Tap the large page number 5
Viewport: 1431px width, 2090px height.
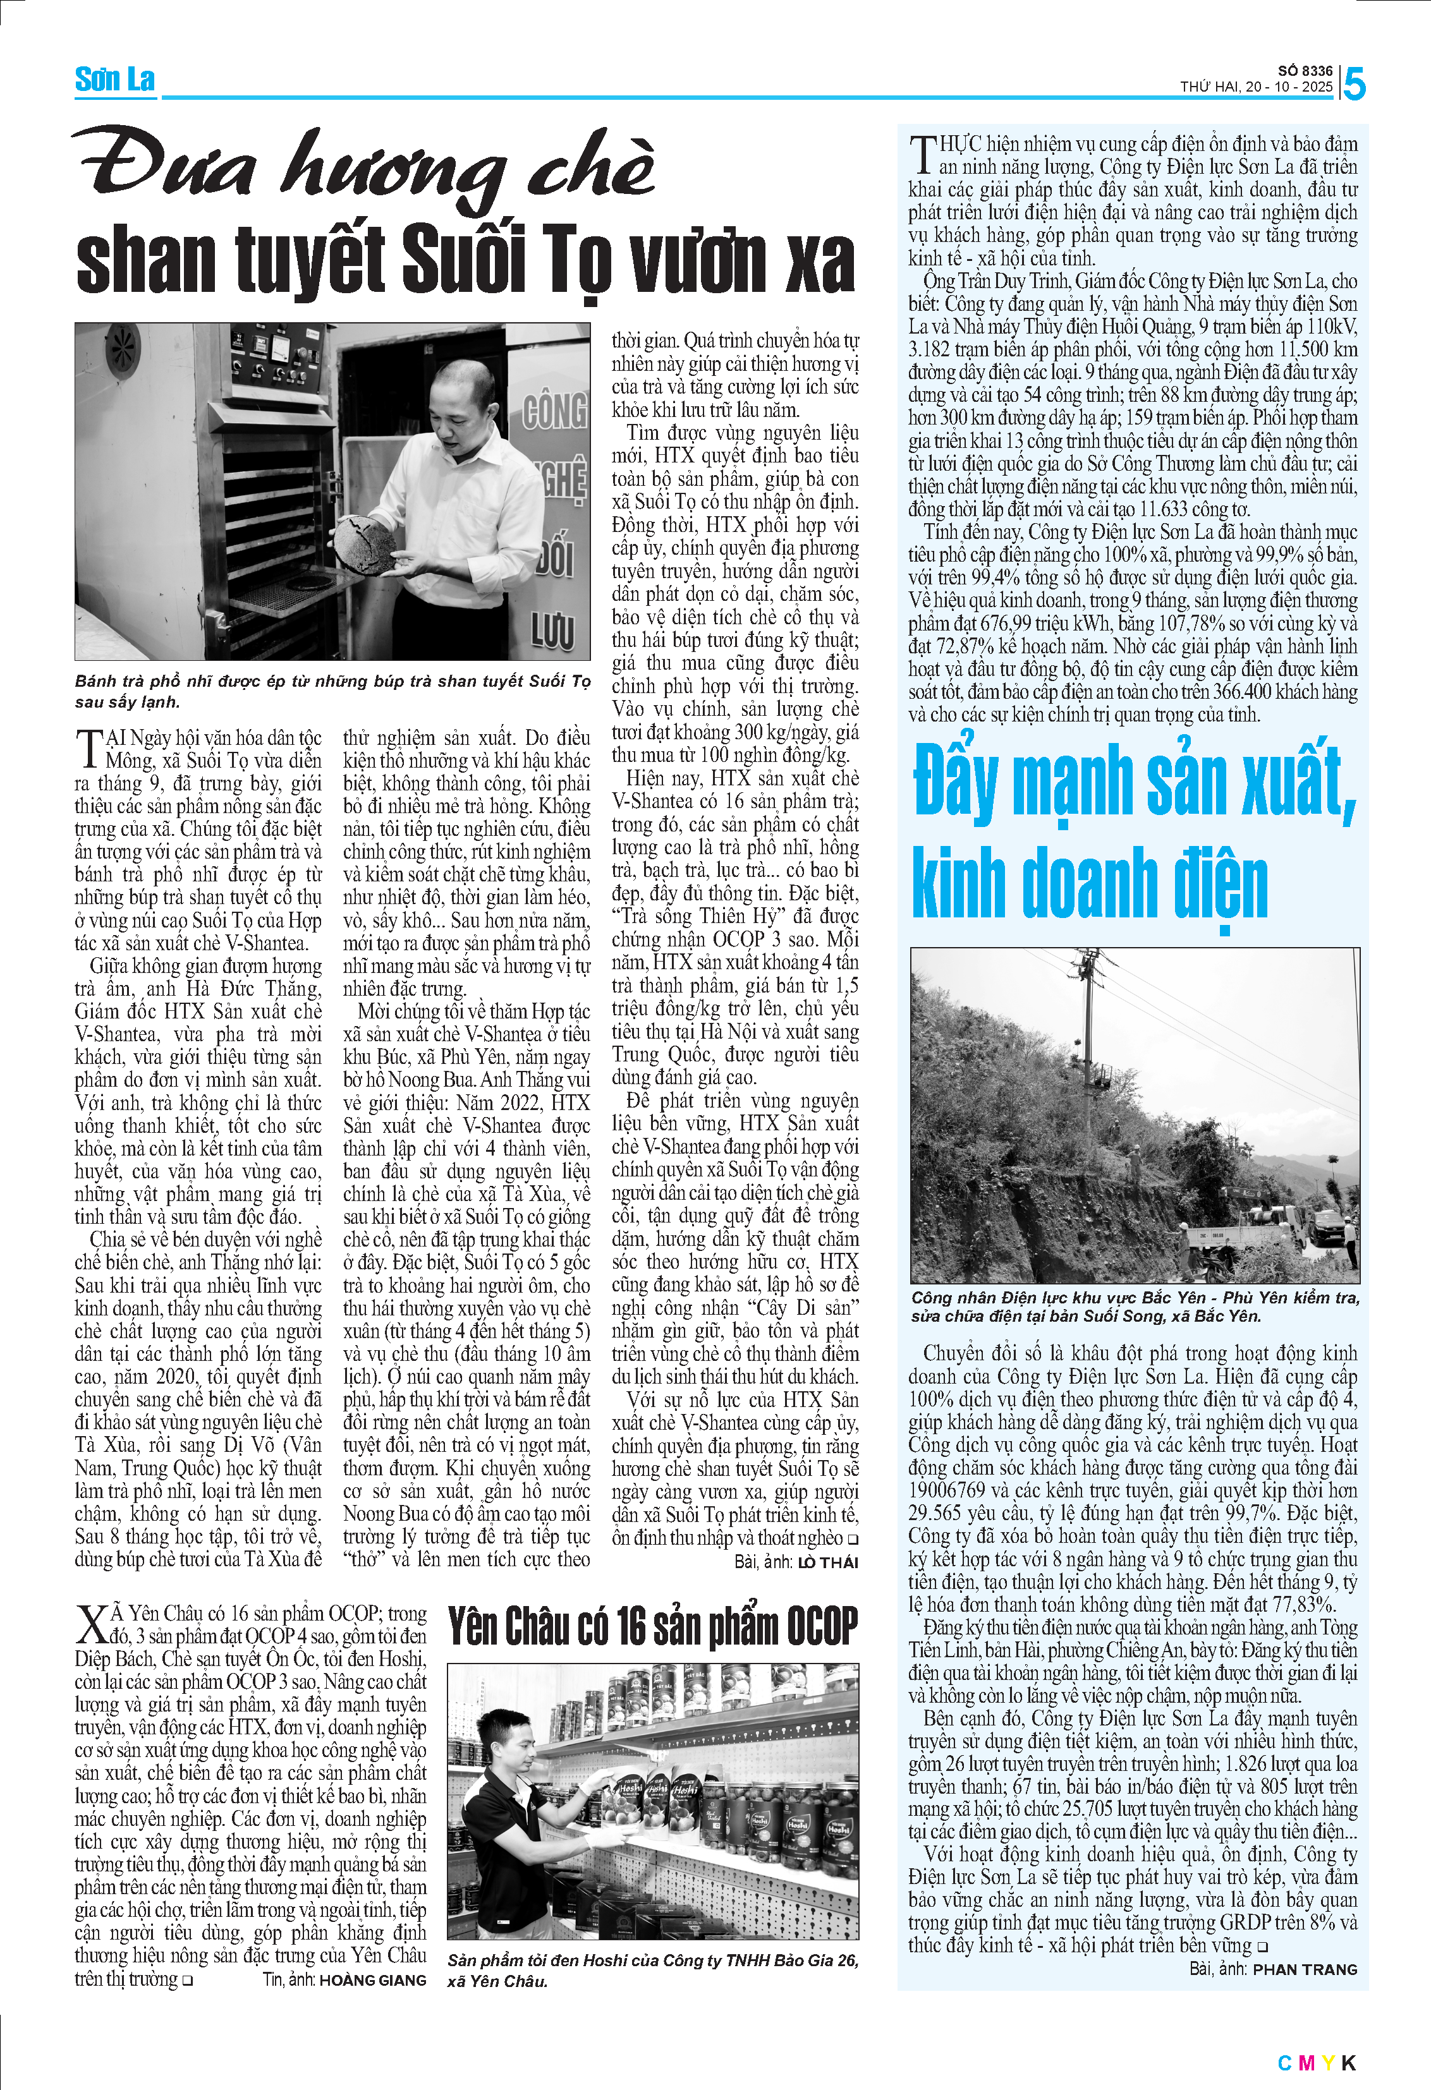(x=1355, y=85)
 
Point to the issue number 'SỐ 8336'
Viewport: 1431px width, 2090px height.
(x=1305, y=70)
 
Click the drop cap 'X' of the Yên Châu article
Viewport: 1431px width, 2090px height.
(x=92, y=1625)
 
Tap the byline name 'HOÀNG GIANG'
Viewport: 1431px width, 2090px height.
(x=372, y=1979)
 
